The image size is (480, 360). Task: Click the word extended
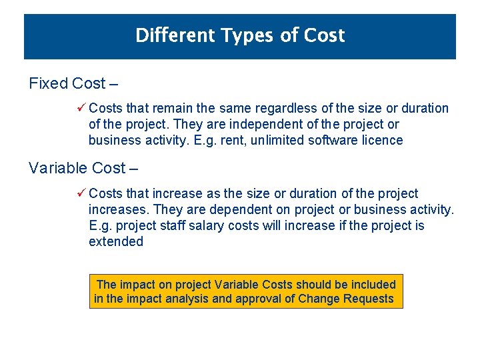(116, 241)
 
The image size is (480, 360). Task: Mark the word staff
(171, 225)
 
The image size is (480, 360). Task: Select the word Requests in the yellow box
(369, 299)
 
